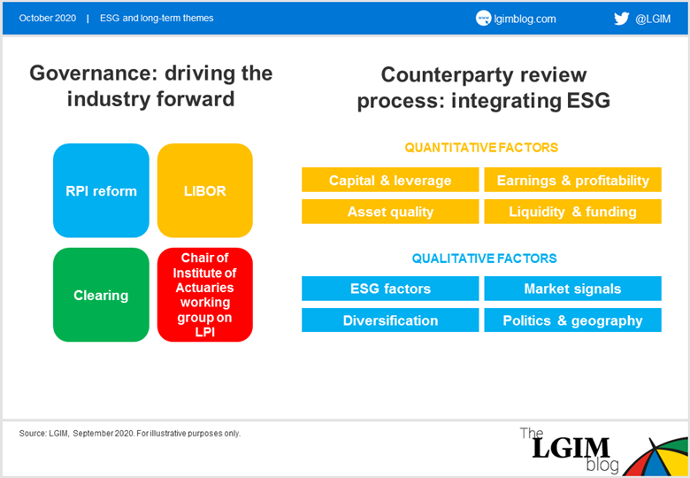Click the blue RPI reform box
(x=101, y=190)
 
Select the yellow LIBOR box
(x=205, y=190)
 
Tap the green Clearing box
(x=101, y=295)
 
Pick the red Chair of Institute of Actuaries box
(x=205, y=295)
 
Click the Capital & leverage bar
(x=390, y=180)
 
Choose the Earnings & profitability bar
(x=573, y=180)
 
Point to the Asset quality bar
(x=390, y=212)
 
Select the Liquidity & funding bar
(x=573, y=212)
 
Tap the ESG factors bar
(x=390, y=289)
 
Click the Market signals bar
(x=573, y=289)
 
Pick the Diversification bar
(x=390, y=320)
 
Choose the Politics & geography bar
(x=573, y=320)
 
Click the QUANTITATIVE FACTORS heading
(x=481, y=148)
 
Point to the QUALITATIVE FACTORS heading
(x=485, y=258)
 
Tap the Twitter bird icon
(x=621, y=19)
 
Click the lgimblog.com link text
(x=525, y=19)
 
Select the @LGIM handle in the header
(x=653, y=19)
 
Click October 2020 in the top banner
(x=48, y=18)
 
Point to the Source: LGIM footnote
(x=130, y=434)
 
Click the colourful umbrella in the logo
(x=656, y=457)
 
